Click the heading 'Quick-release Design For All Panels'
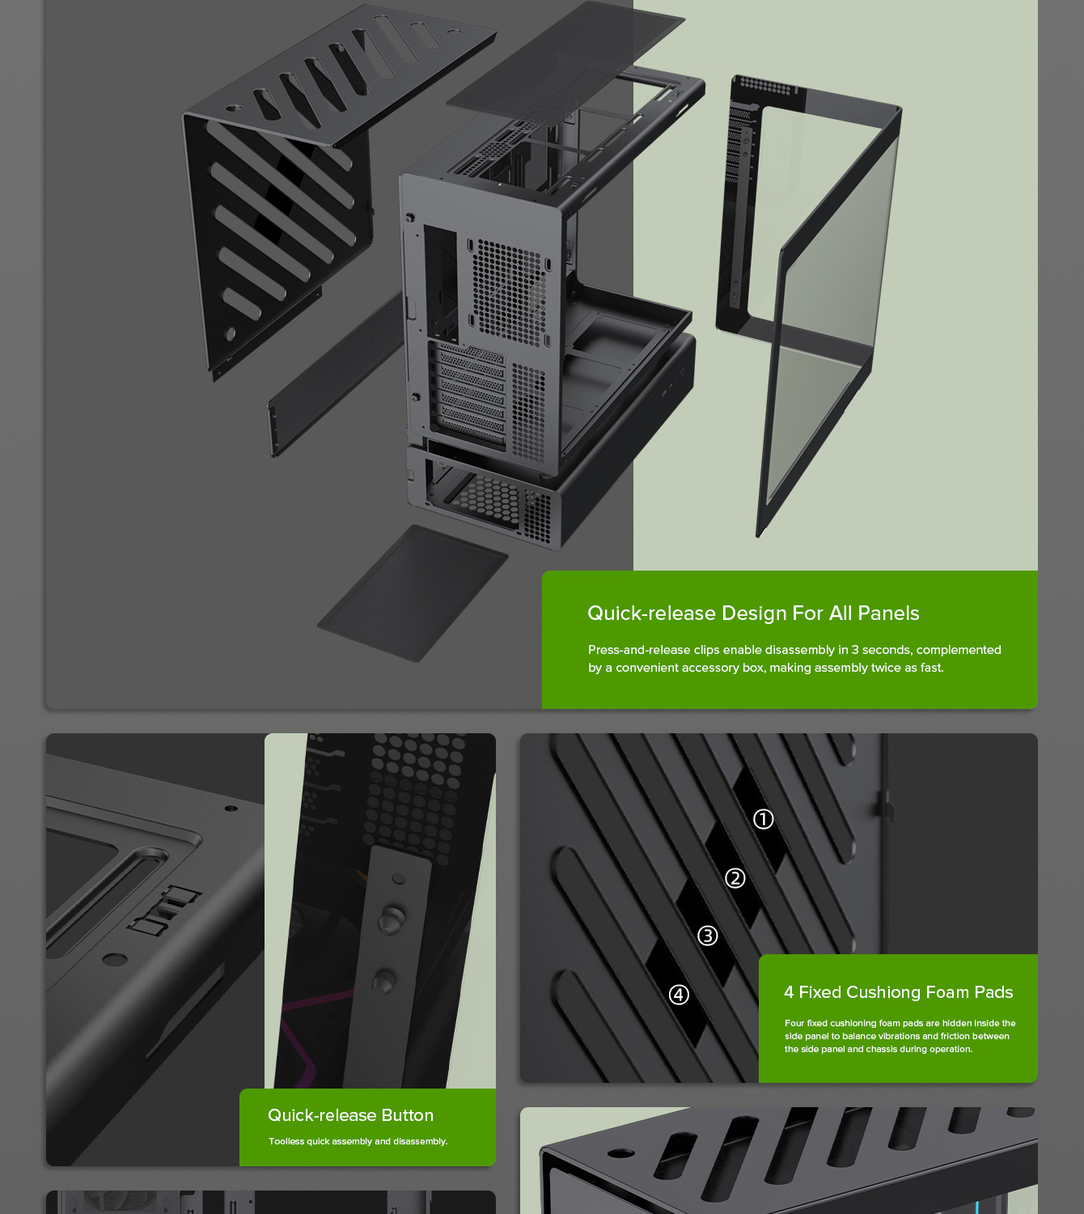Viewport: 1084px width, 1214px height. [752, 613]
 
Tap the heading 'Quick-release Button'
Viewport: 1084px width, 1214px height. [350, 1115]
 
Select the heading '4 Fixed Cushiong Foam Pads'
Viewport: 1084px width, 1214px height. [898, 992]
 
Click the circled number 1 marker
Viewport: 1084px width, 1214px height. [763, 819]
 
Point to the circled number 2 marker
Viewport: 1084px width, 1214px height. [735, 878]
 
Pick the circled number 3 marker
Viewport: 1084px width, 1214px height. [707, 936]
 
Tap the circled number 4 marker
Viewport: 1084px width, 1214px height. [679, 995]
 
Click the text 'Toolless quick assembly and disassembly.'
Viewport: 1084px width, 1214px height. [358, 1141]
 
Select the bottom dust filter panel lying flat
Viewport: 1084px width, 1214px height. [413, 593]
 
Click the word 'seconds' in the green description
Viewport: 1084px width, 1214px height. [887, 650]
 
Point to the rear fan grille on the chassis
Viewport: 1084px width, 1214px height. [506, 291]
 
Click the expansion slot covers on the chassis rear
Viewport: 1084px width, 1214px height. [472, 393]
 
